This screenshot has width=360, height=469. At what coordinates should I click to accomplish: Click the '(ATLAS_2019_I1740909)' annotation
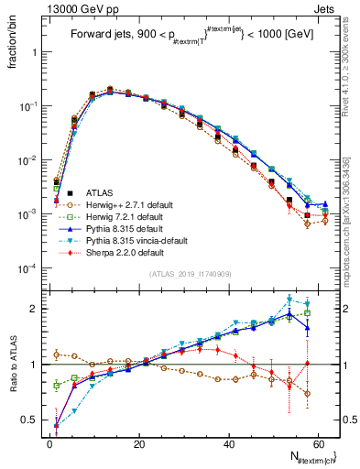(x=190, y=275)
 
